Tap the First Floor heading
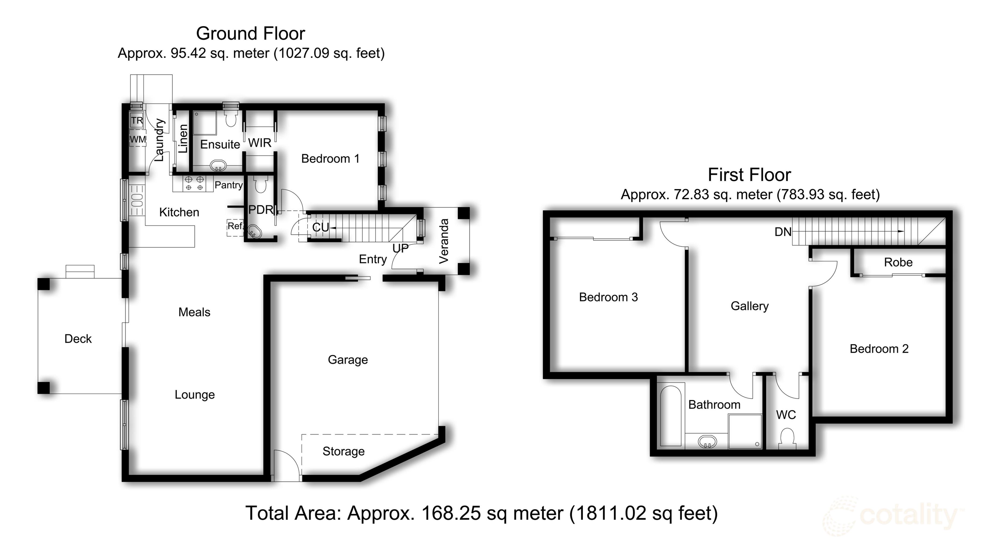[x=750, y=175]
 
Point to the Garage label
[x=348, y=360]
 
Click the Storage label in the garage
[x=343, y=451]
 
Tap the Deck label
[x=78, y=338]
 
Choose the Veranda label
[x=444, y=241]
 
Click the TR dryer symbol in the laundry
[x=137, y=120]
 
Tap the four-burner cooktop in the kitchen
[x=194, y=183]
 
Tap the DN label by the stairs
[x=783, y=232]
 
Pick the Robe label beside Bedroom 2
[x=898, y=262]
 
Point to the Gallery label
[x=750, y=306]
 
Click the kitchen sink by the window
[x=137, y=200]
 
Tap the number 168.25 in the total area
[x=451, y=513]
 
